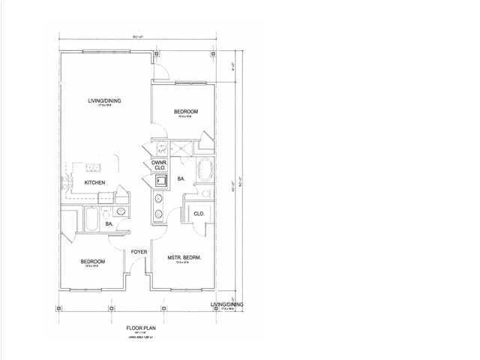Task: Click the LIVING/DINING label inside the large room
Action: pyautogui.click(x=104, y=100)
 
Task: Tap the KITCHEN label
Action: pyautogui.click(x=94, y=183)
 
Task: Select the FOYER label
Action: pyautogui.click(x=139, y=251)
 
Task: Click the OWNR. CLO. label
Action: pyautogui.click(x=159, y=164)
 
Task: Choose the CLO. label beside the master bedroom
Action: pyautogui.click(x=199, y=214)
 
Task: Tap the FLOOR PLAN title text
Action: pyautogui.click(x=140, y=328)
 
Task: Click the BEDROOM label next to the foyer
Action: pyautogui.click(x=94, y=261)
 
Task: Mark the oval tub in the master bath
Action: pyautogui.click(x=204, y=170)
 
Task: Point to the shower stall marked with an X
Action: pyautogui.click(x=180, y=148)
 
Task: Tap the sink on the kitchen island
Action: pyautogui.click(x=94, y=166)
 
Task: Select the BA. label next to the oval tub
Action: pyautogui.click(x=181, y=179)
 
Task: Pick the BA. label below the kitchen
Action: pyautogui.click(x=109, y=223)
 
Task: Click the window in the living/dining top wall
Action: pyautogui.click(x=104, y=52)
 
